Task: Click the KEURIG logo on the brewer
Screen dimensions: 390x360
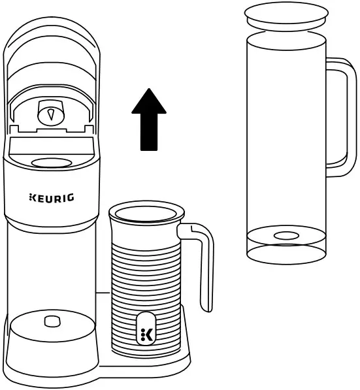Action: pos(51,197)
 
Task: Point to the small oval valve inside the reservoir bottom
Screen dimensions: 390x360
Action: pos(285,235)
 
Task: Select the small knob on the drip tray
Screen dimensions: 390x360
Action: pos(50,321)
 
